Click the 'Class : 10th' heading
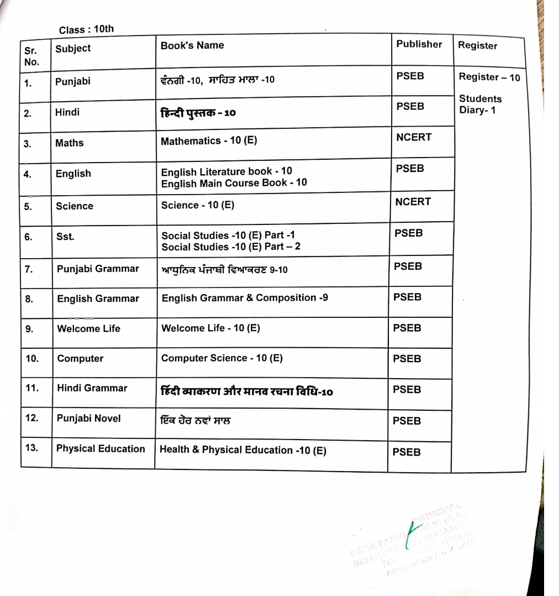coord(86,29)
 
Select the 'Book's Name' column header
coord(192,46)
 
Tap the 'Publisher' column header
coord(419,44)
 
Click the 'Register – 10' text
coord(489,77)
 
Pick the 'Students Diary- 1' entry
coord(480,104)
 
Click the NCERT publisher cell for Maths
coord(414,137)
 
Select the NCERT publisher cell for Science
coord(413,202)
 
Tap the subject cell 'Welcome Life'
coord(88,328)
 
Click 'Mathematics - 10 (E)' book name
coord(209,141)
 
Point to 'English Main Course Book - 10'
coord(234,182)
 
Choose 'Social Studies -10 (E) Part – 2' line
coord(231,247)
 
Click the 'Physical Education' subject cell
coord(101,449)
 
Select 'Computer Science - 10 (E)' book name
coord(222,358)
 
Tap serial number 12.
coord(31,418)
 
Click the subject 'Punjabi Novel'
coord(89,418)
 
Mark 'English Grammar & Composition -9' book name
coord(245,298)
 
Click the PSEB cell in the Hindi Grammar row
coord(407,390)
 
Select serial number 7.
coord(29,270)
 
